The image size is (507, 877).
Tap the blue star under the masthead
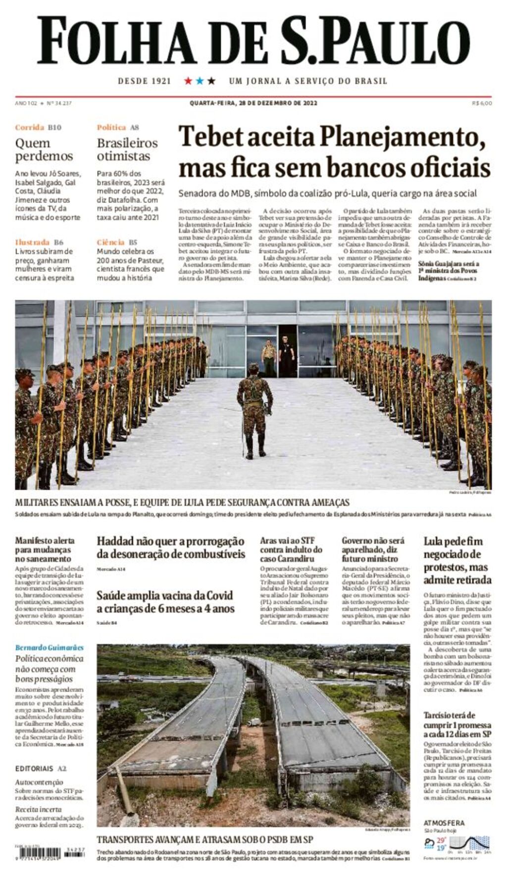tap(200, 81)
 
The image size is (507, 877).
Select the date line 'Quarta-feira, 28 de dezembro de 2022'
tap(253, 103)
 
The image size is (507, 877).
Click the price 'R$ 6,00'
tap(482, 103)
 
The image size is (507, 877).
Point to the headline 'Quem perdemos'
tap(44, 149)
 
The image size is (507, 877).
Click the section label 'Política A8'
tap(118, 127)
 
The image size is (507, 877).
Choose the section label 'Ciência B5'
tap(117, 242)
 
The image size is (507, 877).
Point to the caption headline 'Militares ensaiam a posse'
tap(182, 503)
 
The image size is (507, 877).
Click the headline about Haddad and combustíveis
tap(171, 548)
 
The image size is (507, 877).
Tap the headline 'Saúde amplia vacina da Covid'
tap(165, 601)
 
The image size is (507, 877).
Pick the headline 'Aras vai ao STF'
tap(291, 549)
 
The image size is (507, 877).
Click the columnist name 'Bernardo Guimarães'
tap(50, 647)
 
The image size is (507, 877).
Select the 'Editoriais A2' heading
tap(41, 768)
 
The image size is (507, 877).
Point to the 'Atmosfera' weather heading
tap(444, 823)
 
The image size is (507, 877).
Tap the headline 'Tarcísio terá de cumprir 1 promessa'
tap(457, 724)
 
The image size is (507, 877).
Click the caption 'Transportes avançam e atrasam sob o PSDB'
tap(204, 839)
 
